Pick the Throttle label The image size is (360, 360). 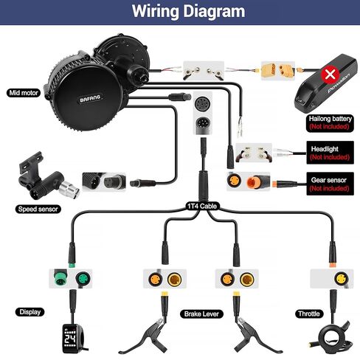coord(308,313)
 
